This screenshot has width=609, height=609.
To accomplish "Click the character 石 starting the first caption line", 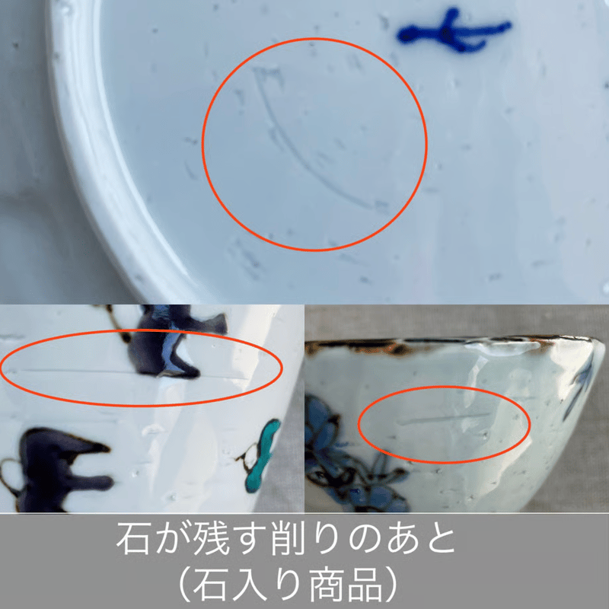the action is tap(132, 538).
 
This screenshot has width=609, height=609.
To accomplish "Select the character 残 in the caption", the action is tap(212, 538).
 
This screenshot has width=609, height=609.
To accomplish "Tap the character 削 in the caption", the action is tap(288, 538).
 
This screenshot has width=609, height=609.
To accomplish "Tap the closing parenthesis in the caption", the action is tap(391, 585).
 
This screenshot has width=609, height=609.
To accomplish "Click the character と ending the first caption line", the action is tap(440, 539).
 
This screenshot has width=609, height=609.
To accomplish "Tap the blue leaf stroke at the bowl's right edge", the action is tap(581, 384).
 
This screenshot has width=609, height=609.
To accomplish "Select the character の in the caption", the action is tap(365, 539).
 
